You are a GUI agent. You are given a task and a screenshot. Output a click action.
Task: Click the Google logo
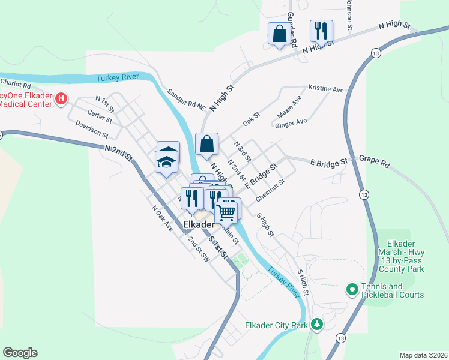(x=20, y=353)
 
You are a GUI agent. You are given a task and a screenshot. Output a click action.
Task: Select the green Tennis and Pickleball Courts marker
(x=352, y=290)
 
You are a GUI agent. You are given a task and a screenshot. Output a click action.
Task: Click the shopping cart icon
(x=227, y=211)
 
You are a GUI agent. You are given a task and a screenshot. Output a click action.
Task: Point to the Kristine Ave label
(x=326, y=88)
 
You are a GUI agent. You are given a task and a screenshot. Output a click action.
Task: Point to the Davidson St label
(x=92, y=128)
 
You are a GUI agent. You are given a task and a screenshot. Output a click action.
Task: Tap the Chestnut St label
(x=269, y=190)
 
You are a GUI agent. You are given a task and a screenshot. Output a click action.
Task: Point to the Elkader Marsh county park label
(x=398, y=256)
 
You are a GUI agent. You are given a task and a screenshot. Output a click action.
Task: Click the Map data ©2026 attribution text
(x=423, y=355)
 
